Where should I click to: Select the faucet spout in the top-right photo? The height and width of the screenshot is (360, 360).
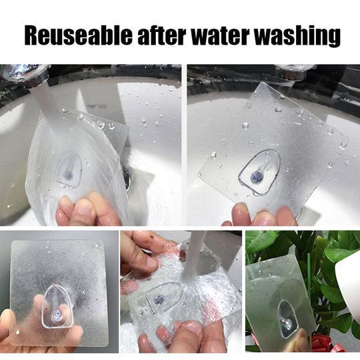point(295,70)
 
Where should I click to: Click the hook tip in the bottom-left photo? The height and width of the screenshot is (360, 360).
point(56,315)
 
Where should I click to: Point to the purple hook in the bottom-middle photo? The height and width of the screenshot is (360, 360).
point(158,300)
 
